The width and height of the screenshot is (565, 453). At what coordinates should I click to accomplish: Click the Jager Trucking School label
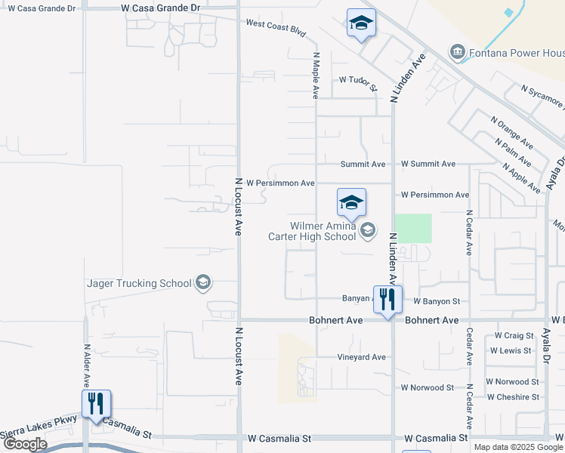point(139,283)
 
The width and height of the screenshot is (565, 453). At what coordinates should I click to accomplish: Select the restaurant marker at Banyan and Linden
point(387,300)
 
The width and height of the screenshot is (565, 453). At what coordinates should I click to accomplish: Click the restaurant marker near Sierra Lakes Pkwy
point(96,404)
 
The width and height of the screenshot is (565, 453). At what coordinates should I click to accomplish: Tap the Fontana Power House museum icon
point(457,53)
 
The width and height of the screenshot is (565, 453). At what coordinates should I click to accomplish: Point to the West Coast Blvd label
point(276,29)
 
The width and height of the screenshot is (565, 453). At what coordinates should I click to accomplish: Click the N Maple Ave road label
point(316,76)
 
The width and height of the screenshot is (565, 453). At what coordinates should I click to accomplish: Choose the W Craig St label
point(514,335)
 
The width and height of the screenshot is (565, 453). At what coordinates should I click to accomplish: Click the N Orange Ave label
point(511,132)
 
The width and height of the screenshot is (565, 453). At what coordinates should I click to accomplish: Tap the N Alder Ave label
point(86,365)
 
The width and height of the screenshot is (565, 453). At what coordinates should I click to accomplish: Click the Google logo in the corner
point(25,444)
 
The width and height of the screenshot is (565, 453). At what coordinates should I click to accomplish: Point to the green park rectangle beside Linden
point(413,228)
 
